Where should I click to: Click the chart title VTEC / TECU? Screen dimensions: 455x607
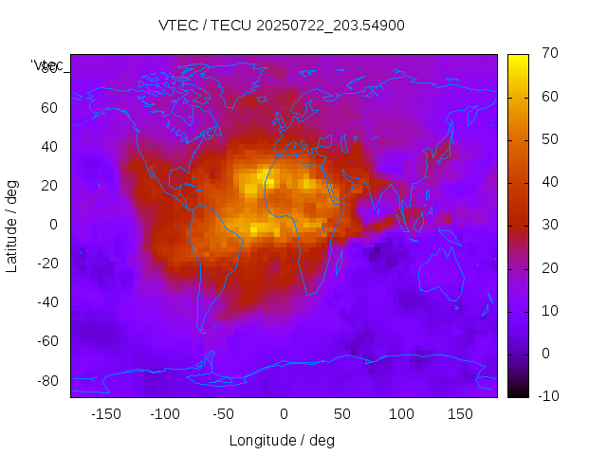[282, 26]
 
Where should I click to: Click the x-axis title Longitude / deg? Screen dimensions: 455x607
[282, 441]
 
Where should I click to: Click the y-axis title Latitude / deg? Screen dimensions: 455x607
[12, 225]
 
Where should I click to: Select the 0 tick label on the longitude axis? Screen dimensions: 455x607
[284, 414]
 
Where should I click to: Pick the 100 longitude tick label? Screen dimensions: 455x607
[402, 414]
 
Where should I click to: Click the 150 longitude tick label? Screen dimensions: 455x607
[461, 414]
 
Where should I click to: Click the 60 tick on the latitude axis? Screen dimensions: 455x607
[49, 107]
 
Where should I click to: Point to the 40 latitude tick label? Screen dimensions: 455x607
[49, 146]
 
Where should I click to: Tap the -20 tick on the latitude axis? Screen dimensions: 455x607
[46, 264]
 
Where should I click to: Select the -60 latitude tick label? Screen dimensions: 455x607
[46, 341]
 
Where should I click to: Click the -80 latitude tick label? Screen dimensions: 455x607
[46, 380]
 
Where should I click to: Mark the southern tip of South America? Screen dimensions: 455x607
[202, 331]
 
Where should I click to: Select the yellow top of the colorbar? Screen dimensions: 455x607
[518, 59]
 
